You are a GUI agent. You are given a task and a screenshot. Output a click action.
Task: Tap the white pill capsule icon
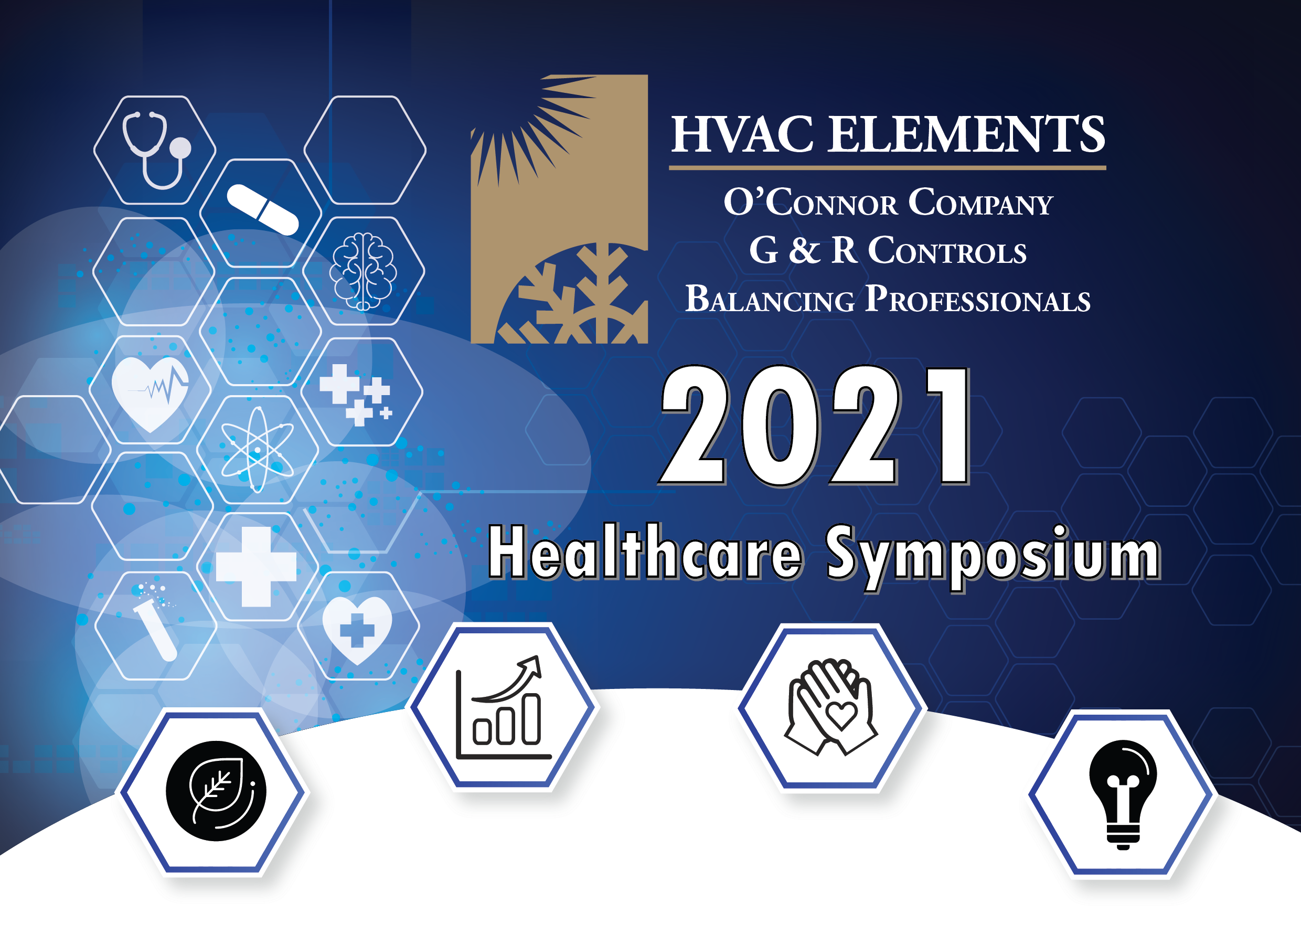[x=263, y=209]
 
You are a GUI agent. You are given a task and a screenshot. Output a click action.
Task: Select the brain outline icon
[x=363, y=271]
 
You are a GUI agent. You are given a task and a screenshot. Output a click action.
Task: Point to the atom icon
[x=258, y=450]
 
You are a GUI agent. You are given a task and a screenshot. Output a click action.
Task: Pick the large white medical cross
[x=256, y=566]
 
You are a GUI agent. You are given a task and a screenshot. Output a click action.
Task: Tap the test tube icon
[x=155, y=622]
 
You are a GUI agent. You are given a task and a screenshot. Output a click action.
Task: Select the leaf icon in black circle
[x=216, y=791]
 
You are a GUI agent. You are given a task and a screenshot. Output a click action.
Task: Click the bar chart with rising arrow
[x=503, y=708]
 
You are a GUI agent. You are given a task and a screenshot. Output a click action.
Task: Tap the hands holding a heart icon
[x=830, y=707]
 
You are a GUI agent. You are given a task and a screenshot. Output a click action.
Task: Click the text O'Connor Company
[x=888, y=203]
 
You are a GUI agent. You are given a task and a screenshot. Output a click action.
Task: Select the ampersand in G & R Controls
[x=804, y=250]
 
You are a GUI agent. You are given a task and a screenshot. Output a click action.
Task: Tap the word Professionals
[x=977, y=299]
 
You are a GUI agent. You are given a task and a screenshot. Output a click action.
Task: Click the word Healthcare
[x=645, y=551]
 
